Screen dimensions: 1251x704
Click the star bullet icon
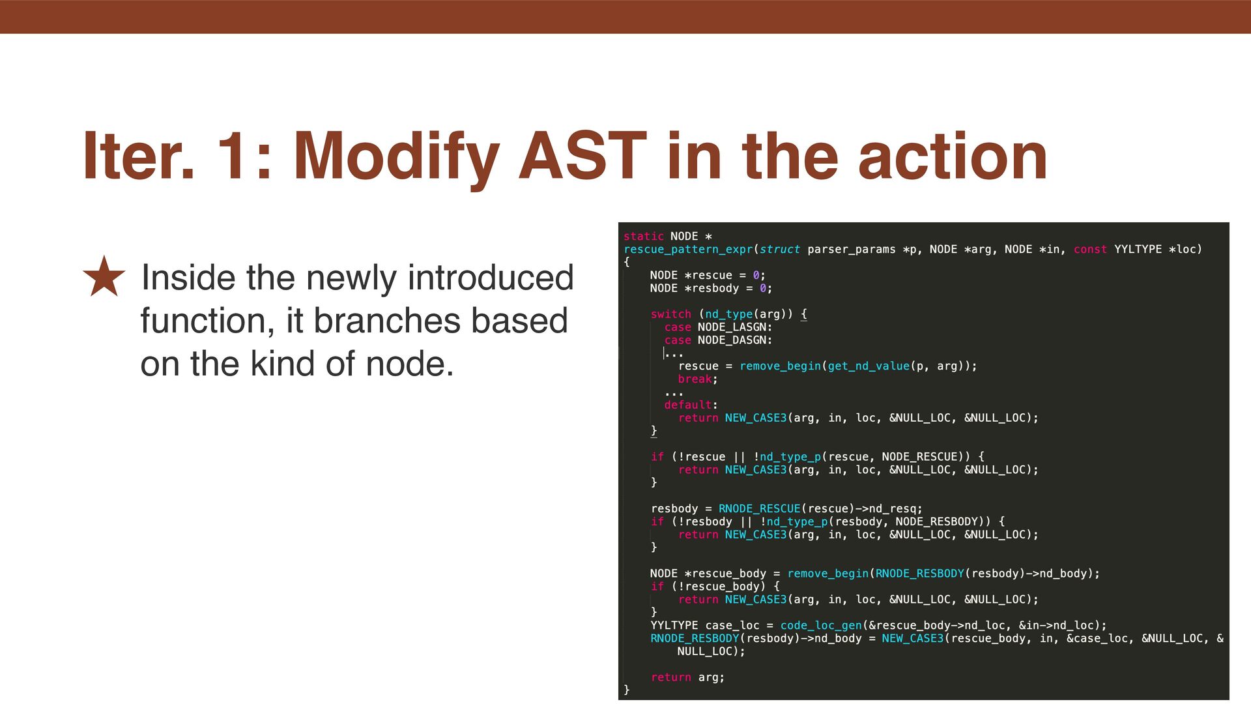pos(104,276)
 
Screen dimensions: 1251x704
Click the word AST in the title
pos(582,156)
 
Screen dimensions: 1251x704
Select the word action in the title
pos(953,156)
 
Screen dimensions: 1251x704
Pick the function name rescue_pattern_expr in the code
pos(688,249)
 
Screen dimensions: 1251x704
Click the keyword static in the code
pos(644,236)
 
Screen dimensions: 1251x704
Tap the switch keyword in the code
pos(670,314)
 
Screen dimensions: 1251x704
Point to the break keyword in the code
pos(695,379)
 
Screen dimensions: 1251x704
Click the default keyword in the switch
pos(687,405)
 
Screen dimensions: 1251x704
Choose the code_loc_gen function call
pos(821,626)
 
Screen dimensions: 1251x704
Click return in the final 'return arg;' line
pos(670,677)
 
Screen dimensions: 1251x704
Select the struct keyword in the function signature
pos(780,249)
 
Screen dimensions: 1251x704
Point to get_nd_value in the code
pos(869,366)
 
